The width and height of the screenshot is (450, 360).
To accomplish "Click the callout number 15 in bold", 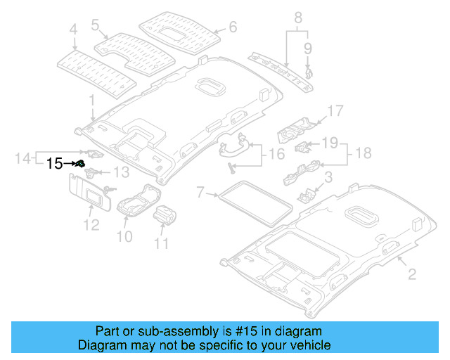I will tap(55, 164).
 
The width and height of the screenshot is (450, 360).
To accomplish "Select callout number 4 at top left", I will tap(72, 30).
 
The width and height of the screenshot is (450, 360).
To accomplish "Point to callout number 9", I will tap(307, 48).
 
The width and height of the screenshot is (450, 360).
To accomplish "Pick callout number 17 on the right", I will tap(335, 110).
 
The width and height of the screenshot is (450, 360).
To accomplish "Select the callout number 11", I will tap(162, 244).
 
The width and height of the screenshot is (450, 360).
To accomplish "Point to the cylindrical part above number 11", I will tap(165, 214).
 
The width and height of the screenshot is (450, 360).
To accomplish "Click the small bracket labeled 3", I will tap(307, 195).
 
